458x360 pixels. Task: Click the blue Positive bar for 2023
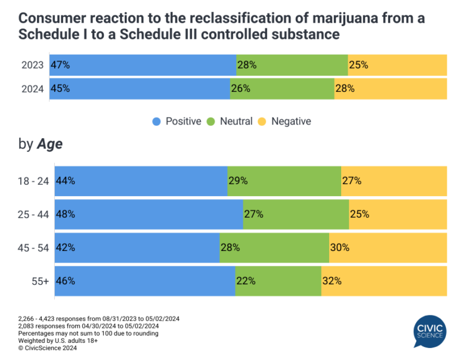[143, 65]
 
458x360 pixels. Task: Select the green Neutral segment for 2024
[282, 88]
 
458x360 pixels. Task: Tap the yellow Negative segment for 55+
[384, 281]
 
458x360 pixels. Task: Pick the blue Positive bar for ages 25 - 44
[149, 214]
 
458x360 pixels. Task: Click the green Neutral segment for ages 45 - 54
[274, 247]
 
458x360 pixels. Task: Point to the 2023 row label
[33, 65]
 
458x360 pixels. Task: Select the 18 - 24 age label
[33, 181]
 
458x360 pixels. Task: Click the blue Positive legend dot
[156, 122]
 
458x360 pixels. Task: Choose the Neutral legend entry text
[236, 122]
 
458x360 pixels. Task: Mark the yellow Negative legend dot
[262, 122]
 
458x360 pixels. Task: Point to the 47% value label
[60, 65]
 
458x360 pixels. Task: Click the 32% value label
[332, 281]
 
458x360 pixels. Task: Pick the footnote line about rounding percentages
[88, 333]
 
